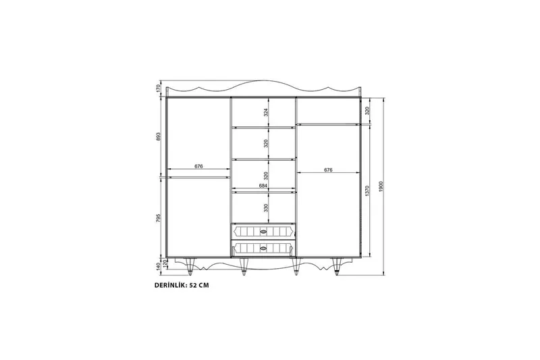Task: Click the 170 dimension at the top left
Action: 159,88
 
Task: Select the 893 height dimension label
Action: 159,136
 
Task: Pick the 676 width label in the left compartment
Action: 198,166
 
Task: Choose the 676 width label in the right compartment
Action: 328,170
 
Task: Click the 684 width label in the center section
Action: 263,186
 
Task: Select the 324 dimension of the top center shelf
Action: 266,111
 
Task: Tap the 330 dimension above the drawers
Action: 266,208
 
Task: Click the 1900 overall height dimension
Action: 381,186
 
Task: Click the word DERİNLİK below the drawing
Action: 172,286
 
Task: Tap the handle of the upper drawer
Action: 263,232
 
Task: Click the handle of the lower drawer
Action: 263,248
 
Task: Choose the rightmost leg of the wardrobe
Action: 337,267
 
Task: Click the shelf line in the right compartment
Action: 328,124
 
